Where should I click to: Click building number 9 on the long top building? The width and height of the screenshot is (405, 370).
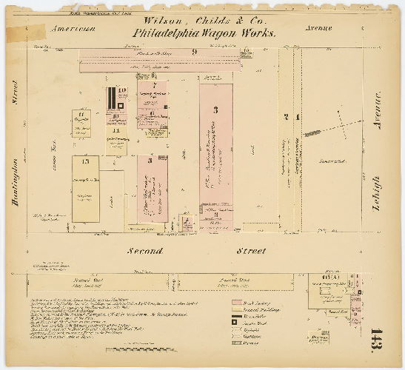(x=194, y=52)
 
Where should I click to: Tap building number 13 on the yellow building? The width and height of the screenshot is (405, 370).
(x=86, y=161)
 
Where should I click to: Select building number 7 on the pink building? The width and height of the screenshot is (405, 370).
(x=153, y=87)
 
